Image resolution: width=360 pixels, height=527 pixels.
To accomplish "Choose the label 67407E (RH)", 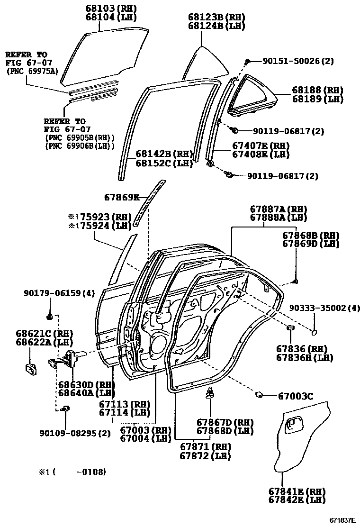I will click(x=260, y=145).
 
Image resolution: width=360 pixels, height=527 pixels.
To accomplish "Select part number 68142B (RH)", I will click(x=164, y=154).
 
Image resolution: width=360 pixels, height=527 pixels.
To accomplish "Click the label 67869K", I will click(x=122, y=197).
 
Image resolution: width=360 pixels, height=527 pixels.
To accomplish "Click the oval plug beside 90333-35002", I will click(x=315, y=331).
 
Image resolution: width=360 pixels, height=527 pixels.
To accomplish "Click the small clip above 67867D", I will click(x=210, y=393).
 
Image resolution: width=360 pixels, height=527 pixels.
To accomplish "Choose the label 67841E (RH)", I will click(x=297, y=491).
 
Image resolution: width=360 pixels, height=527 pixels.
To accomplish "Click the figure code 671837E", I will click(x=342, y=520).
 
